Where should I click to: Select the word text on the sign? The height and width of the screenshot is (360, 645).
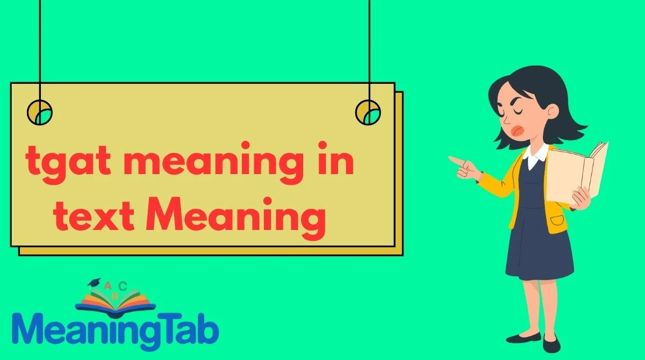click(94, 218)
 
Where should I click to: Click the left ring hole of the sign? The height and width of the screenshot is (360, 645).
click(40, 112)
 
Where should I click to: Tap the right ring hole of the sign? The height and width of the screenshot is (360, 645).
click(368, 112)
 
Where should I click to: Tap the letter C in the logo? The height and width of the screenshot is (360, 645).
click(123, 286)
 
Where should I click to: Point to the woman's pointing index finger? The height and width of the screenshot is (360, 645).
click(456, 160)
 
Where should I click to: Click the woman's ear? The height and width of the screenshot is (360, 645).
click(553, 110)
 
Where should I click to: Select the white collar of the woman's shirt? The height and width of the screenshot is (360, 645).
click(535, 156)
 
